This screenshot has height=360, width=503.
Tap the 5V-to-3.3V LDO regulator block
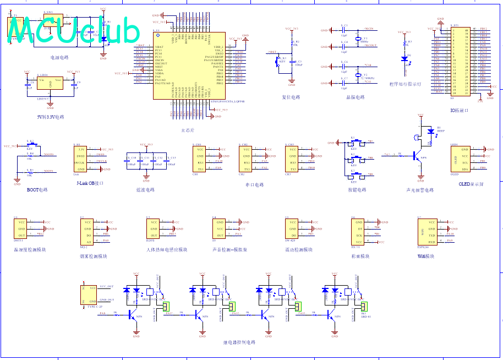pos(50,83)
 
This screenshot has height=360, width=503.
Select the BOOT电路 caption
pos(37,190)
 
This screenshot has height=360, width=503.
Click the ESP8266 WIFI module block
pos(426,232)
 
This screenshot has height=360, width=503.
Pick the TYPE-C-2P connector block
pos(89,295)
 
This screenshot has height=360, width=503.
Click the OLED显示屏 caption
pos(471,185)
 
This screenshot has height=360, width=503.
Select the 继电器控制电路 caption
pos(239,342)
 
